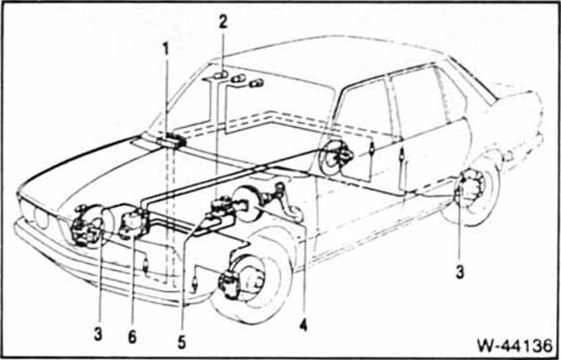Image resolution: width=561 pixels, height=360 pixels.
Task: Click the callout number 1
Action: tap(166, 49)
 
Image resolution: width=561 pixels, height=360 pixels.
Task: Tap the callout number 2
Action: tap(223, 22)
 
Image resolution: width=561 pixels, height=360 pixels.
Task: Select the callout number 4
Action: tap(303, 325)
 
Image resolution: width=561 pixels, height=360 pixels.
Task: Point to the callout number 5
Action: tap(182, 343)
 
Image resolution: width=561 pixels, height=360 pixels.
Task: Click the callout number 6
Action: tap(132, 337)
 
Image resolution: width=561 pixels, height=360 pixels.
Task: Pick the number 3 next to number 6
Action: tap(98, 335)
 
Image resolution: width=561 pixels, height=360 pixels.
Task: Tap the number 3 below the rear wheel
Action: tap(460, 272)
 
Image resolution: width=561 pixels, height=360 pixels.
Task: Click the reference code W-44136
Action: tap(514, 346)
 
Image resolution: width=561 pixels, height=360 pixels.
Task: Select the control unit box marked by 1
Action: tap(172, 140)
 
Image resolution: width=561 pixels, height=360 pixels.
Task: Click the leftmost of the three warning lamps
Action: tap(221, 75)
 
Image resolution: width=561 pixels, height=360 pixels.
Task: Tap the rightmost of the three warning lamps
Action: tap(257, 83)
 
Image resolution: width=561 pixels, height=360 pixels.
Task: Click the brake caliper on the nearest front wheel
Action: tap(230, 285)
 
